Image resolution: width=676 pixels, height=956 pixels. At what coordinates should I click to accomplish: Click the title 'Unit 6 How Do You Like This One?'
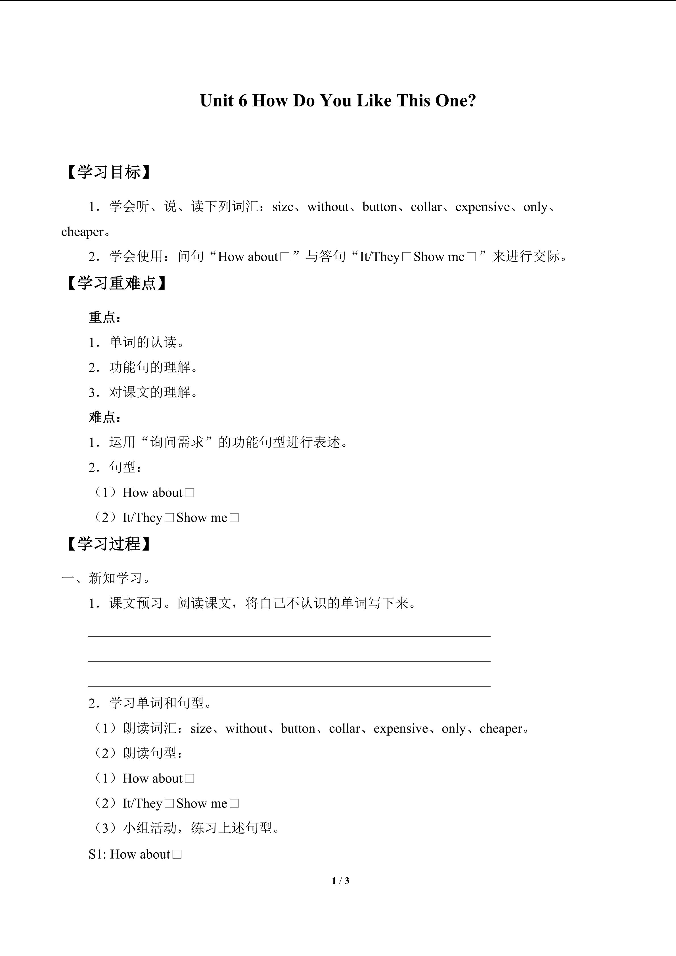pyautogui.click(x=338, y=101)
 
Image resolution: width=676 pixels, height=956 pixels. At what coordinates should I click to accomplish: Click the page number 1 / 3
pyautogui.click(x=340, y=881)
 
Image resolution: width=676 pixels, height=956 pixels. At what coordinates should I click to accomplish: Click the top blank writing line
pyautogui.click(x=289, y=636)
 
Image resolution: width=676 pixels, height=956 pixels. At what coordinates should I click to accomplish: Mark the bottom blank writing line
pyautogui.click(x=289, y=685)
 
